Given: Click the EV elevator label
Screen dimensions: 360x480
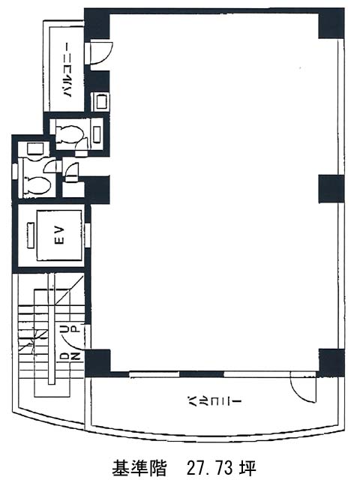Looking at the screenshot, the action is click(60, 235).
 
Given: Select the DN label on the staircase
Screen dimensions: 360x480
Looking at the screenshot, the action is click(70, 357).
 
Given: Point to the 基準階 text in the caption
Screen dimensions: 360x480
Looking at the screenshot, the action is click(139, 467).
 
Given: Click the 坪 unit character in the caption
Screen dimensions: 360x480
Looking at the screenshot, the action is click(246, 467).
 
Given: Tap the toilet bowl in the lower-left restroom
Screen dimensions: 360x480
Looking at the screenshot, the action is click(37, 185).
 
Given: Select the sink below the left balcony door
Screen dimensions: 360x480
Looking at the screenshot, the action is click(100, 102).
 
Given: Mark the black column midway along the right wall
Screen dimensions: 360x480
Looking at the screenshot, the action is click(331, 189).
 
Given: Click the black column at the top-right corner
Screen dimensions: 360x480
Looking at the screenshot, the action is click(331, 23).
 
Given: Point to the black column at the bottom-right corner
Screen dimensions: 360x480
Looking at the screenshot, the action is click(331, 363).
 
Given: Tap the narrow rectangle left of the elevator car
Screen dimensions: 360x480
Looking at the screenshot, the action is click(31, 235).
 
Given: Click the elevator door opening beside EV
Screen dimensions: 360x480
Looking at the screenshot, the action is click(88, 235).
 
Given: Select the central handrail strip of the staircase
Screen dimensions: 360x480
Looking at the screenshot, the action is click(51, 328).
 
